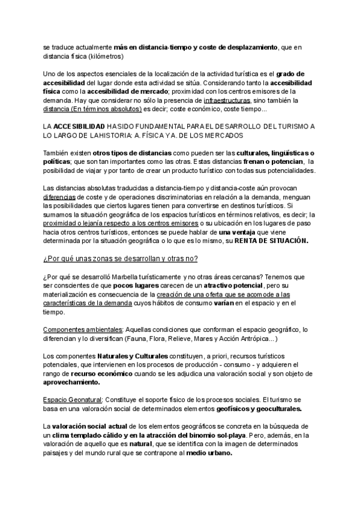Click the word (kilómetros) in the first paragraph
pos(104,56)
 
